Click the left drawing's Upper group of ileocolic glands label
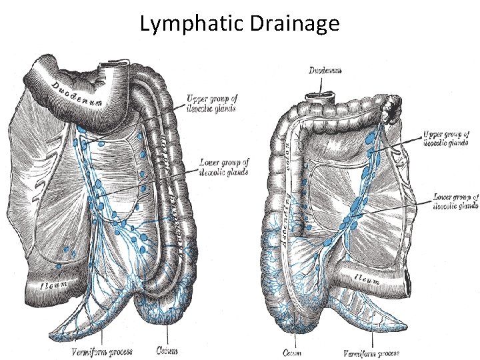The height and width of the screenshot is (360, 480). tap(213, 104)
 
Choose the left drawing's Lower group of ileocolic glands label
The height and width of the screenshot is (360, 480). tap(224, 167)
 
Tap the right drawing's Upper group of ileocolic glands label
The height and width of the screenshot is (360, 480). tap(447, 137)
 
